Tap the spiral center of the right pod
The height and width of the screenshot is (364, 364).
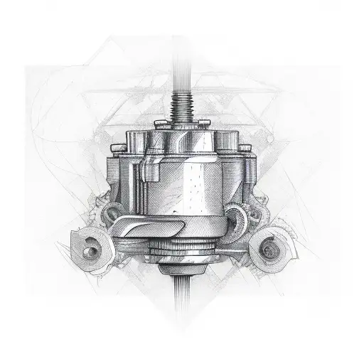[269, 248]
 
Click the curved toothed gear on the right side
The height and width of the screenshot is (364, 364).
[238, 217]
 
